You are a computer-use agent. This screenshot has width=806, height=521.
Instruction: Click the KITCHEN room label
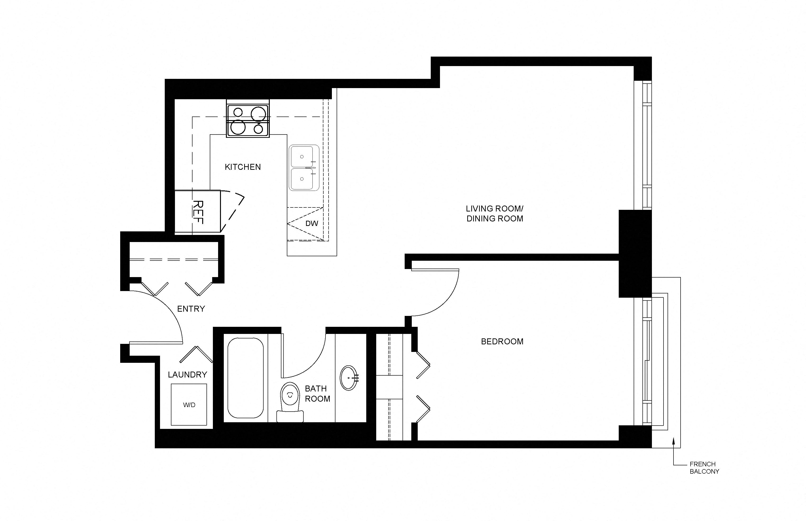coord(243,167)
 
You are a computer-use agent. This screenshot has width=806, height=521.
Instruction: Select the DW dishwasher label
coord(311,223)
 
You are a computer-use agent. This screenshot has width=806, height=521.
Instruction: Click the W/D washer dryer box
coord(189,405)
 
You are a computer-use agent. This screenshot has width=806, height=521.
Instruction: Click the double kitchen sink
coord(304,168)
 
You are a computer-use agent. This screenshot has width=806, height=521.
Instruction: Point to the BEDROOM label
coord(502,341)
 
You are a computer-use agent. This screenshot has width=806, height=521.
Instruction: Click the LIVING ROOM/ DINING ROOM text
coord(495,213)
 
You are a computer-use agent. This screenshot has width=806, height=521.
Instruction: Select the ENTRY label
coord(191,309)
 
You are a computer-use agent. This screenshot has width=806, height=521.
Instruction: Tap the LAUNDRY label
coord(187,374)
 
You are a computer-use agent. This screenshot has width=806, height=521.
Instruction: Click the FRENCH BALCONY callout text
coord(704,467)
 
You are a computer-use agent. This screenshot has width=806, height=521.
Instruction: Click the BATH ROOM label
coord(317,393)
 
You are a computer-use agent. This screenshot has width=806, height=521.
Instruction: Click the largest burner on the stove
coord(238,127)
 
